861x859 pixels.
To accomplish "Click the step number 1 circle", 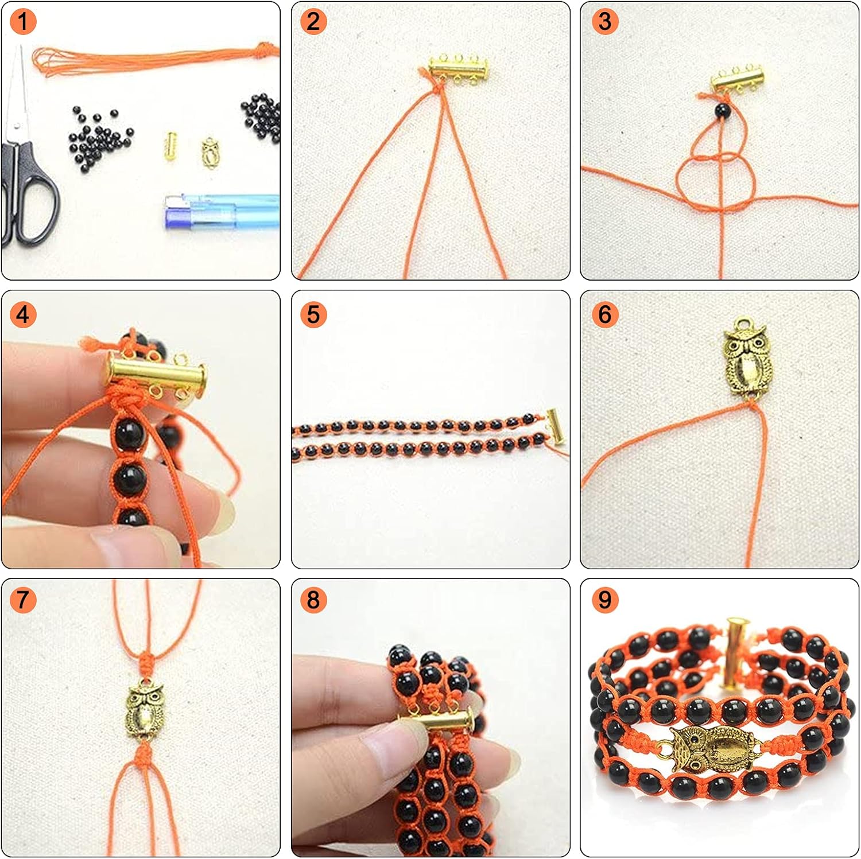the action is point(23,22).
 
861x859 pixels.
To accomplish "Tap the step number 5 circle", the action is point(313,314).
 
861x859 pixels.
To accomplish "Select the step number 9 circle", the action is point(605,600).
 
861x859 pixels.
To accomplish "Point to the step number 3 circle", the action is point(605,22).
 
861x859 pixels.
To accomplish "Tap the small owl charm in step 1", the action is point(210,152).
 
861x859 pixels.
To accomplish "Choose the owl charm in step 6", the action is point(746,359).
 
